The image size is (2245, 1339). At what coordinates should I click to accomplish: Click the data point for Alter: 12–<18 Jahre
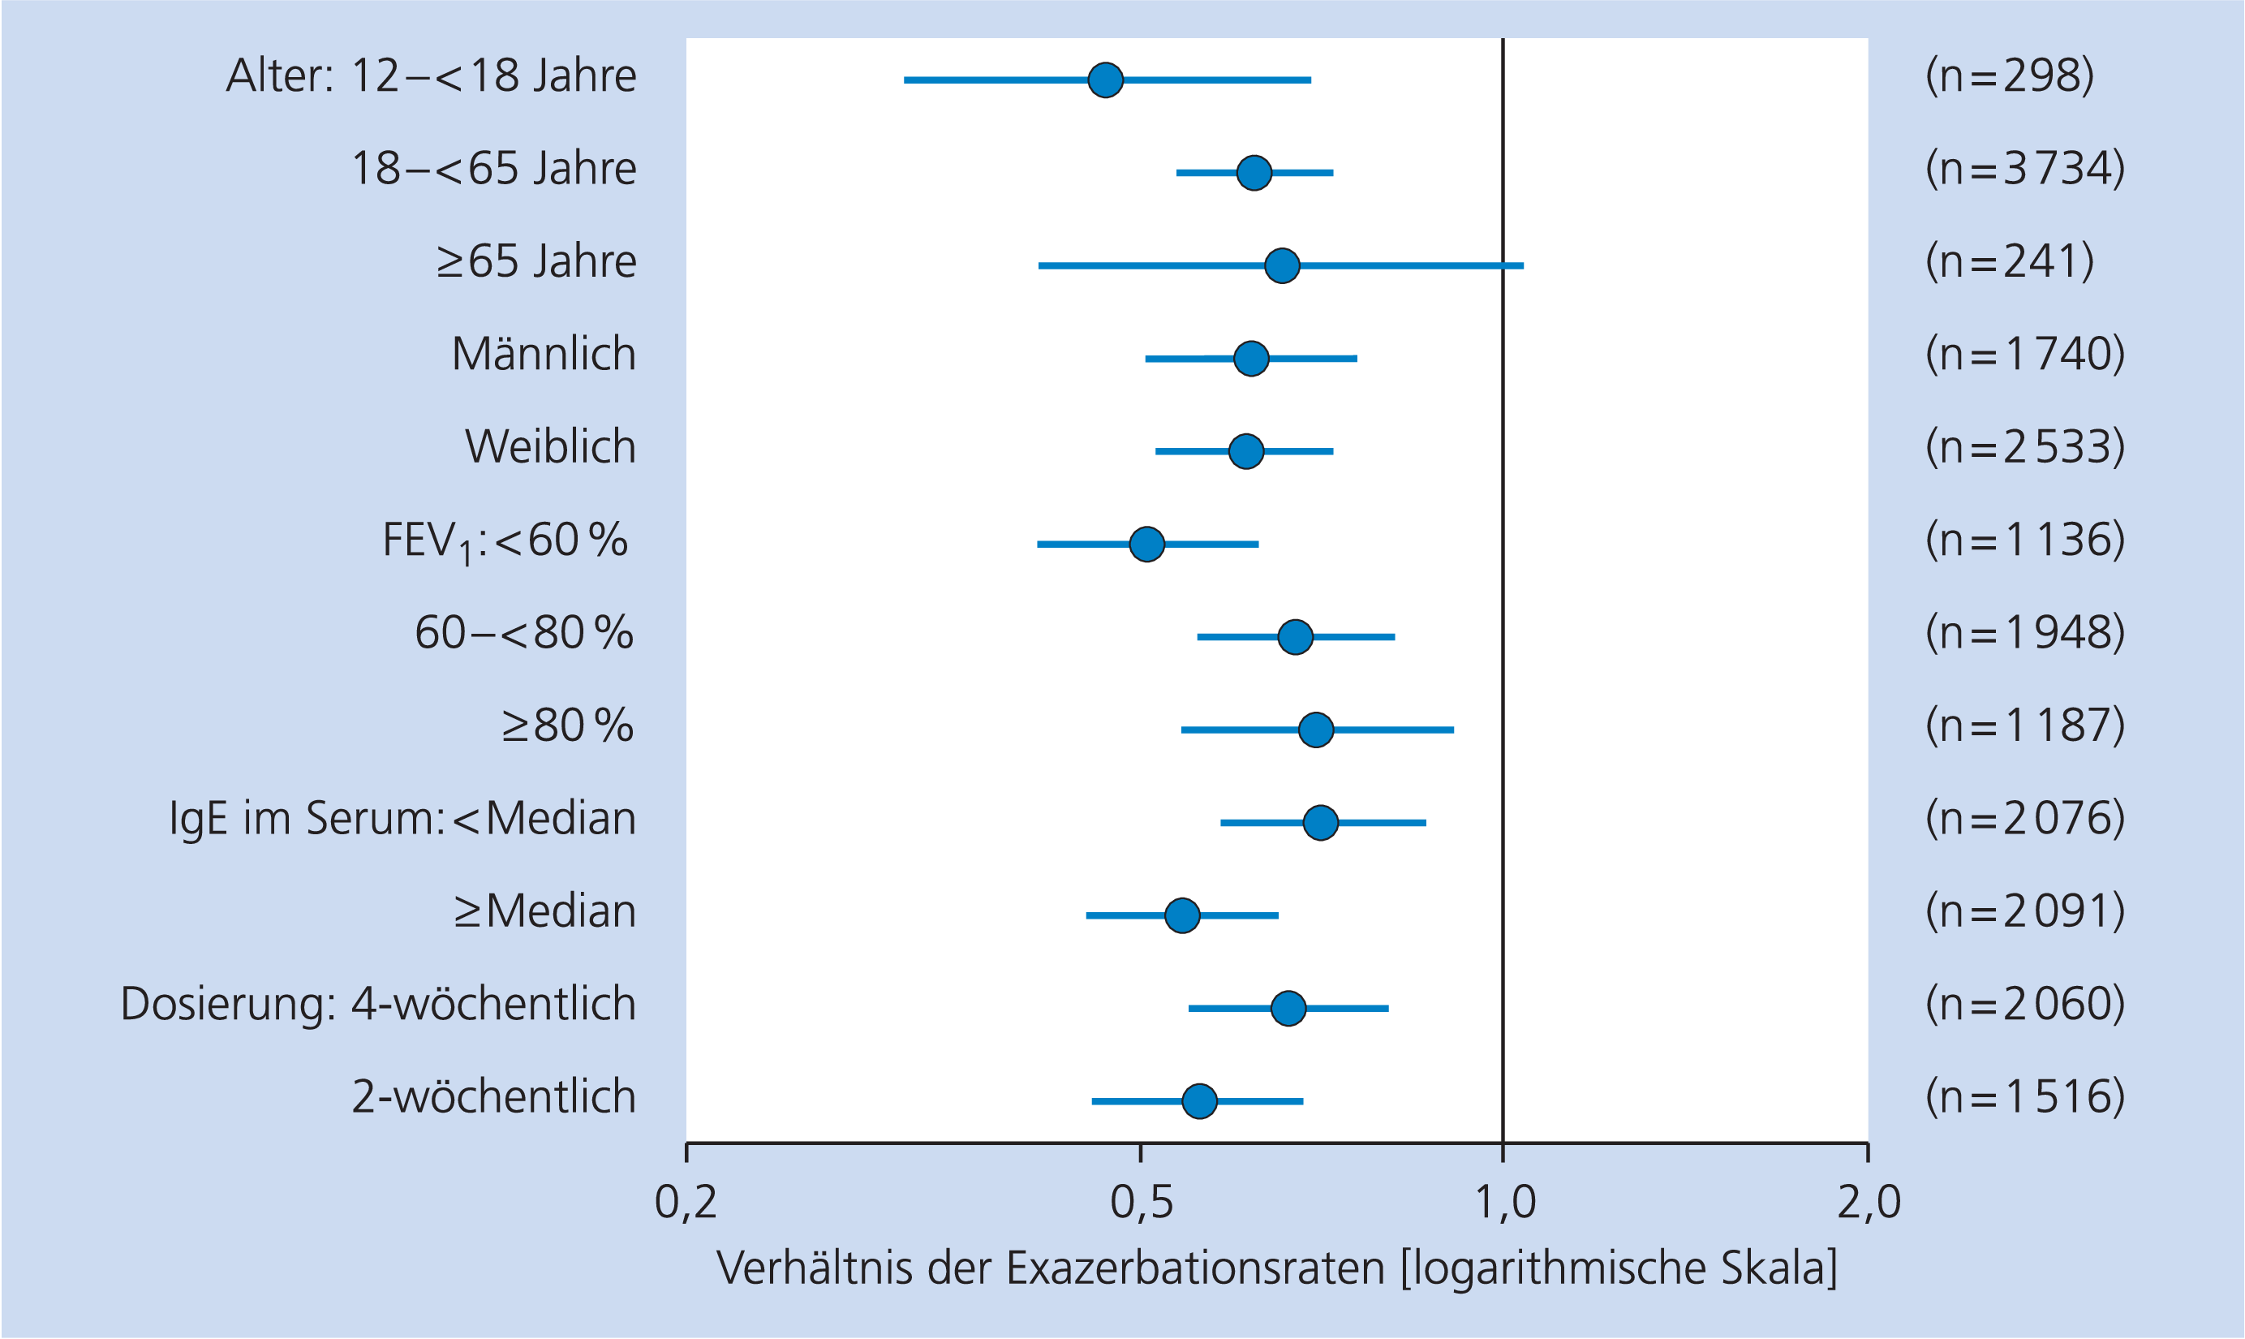click(x=1105, y=80)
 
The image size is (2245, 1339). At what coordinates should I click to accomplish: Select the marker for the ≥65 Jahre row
click(x=1282, y=265)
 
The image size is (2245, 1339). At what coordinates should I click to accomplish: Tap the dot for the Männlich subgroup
click(x=1251, y=358)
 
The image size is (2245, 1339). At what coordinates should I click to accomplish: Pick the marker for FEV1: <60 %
click(x=1146, y=544)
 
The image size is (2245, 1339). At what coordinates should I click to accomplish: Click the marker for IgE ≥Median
click(x=1182, y=915)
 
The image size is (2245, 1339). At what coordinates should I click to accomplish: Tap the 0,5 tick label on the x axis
click(x=1141, y=1203)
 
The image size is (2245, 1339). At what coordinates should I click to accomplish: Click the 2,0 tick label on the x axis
click(x=1869, y=1203)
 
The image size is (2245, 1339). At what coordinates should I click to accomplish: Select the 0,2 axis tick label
click(x=686, y=1203)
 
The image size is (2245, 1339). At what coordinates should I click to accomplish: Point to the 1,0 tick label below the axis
click(x=1504, y=1203)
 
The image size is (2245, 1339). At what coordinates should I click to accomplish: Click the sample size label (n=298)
click(x=2010, y=75)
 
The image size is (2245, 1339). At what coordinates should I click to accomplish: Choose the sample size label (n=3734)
click(x=2025, y=169)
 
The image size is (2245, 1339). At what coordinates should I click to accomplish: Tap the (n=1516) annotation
click(x=2025, y=1097)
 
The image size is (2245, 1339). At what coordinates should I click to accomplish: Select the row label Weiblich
click(x=550, y=446)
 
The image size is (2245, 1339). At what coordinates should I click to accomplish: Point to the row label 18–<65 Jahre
click(x=493, y=169)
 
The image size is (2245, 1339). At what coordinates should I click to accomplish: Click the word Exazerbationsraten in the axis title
click(x=1195, y=1268)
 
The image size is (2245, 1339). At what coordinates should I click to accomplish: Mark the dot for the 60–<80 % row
click(x=1295, y=637)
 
